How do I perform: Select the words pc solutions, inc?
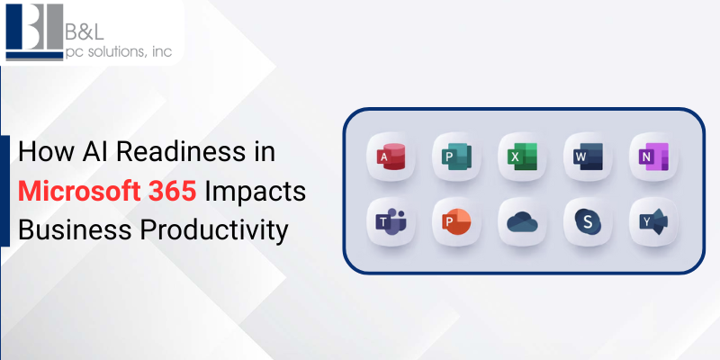(x=119, y=53)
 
